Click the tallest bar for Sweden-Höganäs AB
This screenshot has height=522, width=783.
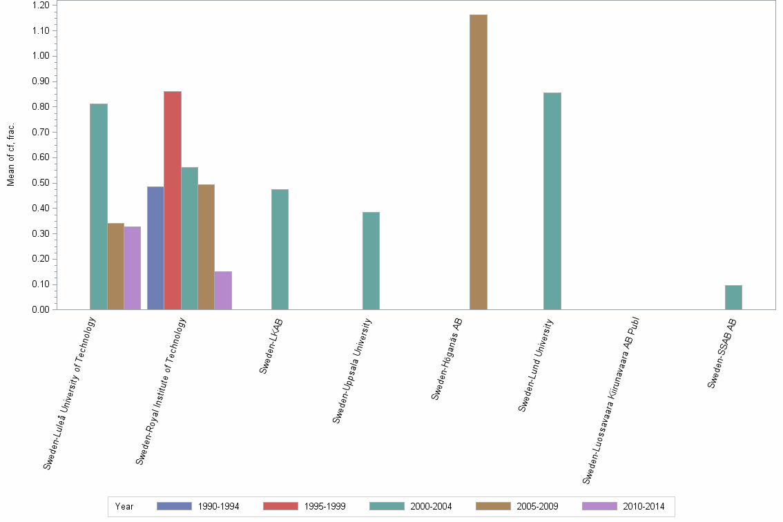[x=478, y=162]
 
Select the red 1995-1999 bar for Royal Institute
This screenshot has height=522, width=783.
[x=173, y=200]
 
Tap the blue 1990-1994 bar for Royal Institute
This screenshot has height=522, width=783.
[x=155, y=248]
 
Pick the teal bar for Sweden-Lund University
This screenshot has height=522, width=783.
[x=552, y=201]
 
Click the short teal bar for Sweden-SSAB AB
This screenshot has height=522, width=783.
[x=733, y=297]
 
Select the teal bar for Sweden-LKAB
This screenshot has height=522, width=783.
[x=280, y=249]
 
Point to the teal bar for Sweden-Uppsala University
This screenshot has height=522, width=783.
[x=371, y=260]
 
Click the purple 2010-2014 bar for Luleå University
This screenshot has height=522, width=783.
[x=133, y=268]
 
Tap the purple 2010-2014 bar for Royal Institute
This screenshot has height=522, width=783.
[x=223, y=290]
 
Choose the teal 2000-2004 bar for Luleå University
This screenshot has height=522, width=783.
[x=99, y=206]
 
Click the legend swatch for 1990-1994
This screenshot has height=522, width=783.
[x=174, y=506]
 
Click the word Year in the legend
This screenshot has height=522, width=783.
[x=125, y=506]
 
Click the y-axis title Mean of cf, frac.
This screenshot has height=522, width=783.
[x=11, y=155]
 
